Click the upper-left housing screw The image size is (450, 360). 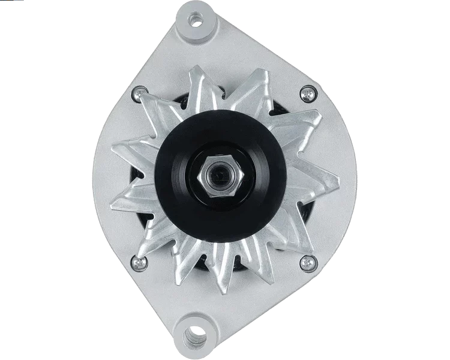140,92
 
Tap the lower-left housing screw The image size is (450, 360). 140,262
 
